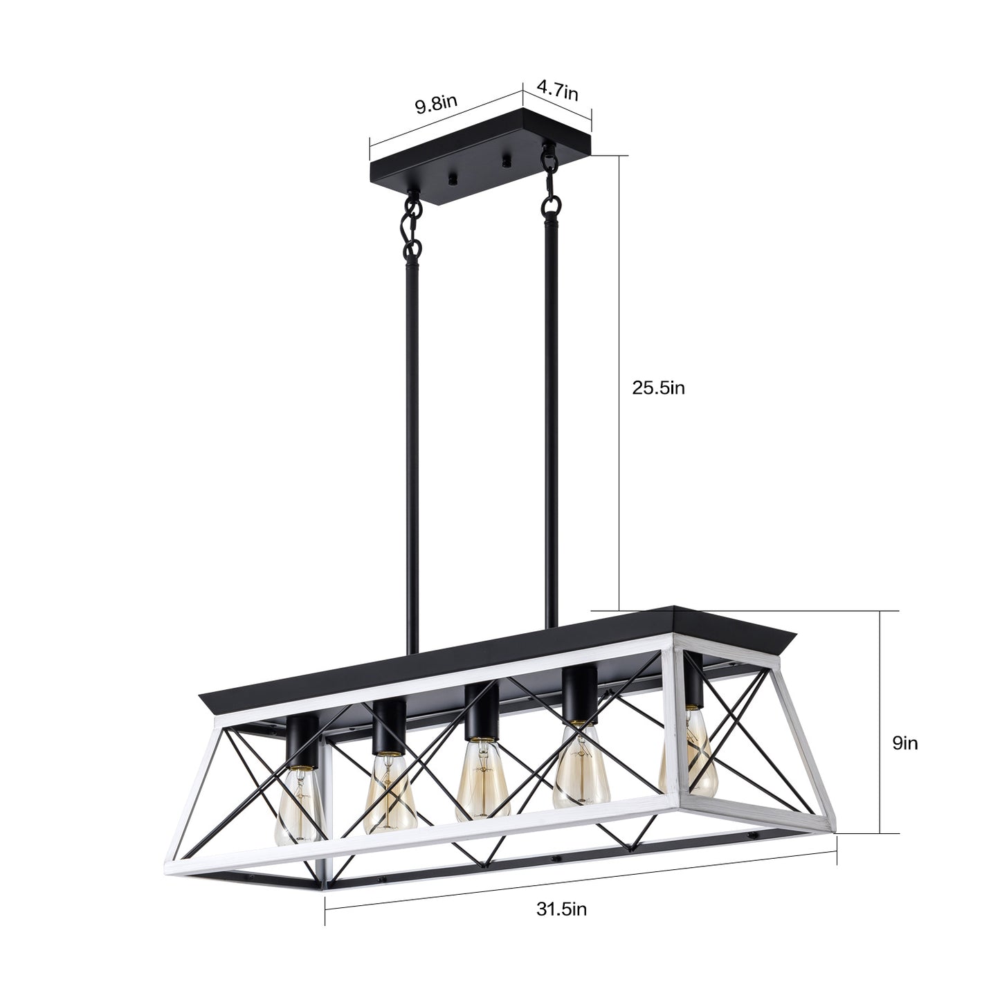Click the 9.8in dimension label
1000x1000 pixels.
tap(436, 105)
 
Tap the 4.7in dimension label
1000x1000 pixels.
tap(558, 90)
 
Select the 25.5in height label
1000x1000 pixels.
tap(658, 388)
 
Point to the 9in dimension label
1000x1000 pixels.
tap(904, 743)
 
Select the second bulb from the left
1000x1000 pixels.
tap(388, 792)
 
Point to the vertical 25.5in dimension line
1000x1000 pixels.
tap(617, 388)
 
